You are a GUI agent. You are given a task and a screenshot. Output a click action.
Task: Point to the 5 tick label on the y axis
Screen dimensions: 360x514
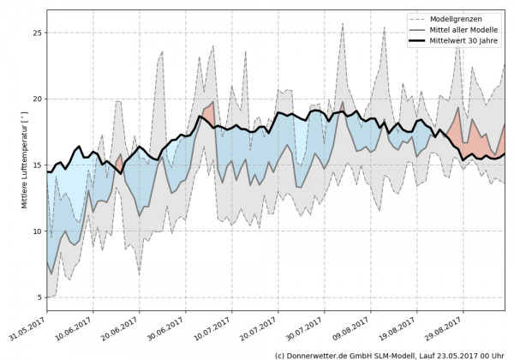tap(38, 297)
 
